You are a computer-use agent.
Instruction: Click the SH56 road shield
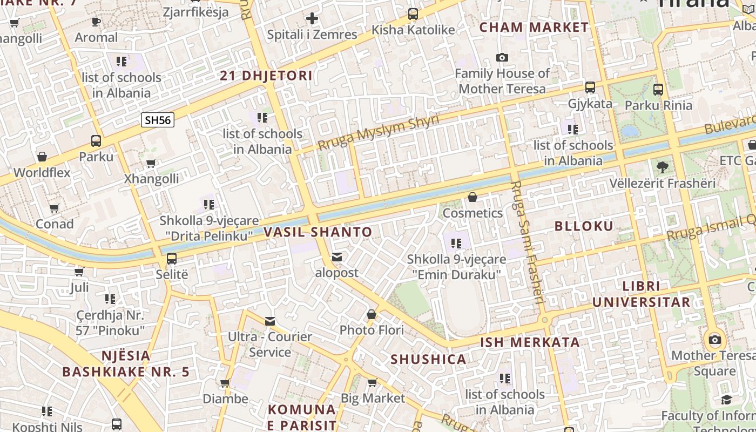point(158,120)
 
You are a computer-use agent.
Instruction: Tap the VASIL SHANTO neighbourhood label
point(318,232)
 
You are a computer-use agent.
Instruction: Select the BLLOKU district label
point(584,226)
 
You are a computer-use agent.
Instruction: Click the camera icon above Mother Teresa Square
point(715,340)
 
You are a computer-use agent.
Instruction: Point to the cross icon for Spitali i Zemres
point(312,19)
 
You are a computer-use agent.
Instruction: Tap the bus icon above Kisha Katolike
point(413,14)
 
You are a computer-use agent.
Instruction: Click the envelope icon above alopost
point(337,257)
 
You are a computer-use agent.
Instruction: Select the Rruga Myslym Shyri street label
point(378,132)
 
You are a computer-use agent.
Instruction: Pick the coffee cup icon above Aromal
point(96,22)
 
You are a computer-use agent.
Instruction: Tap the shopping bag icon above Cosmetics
point(473,197)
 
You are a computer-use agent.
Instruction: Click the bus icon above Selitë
point(172,259)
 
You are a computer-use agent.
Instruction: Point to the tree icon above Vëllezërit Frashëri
point(662,167)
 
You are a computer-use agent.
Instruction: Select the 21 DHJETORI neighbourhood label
point(266,76)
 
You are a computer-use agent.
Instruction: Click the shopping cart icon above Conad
point(54,208)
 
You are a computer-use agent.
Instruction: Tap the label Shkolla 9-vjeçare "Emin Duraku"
point(456,267)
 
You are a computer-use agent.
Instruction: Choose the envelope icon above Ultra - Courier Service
point(270,321)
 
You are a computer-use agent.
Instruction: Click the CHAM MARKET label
point(534,27)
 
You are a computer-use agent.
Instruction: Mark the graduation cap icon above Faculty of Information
point(726,400)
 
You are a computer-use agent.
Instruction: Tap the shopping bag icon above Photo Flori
point(372,314)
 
